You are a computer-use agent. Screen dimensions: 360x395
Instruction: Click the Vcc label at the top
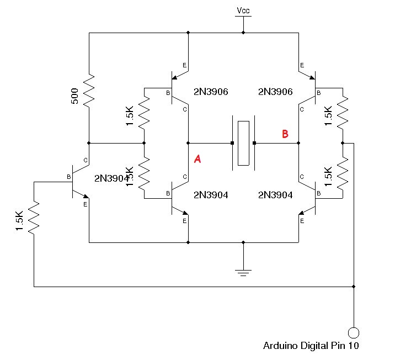point(243,10)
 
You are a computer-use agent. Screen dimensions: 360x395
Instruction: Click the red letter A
point(197,159)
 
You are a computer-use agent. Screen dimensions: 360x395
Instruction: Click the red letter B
point(285,134)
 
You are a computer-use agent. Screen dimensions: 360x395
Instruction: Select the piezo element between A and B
point(243,142)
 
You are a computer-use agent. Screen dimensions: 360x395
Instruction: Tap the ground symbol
point(243,272)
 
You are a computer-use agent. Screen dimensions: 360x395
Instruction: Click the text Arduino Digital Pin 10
point(311,346)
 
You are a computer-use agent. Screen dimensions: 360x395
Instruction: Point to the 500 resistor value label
point(75,96)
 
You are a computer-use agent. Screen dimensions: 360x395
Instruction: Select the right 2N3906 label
point(275,92)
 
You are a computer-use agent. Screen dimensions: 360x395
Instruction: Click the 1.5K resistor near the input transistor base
point(34,216)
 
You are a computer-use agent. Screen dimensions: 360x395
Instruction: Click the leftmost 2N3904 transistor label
point(111,178)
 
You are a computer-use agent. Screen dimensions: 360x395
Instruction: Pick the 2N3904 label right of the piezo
point(275,195)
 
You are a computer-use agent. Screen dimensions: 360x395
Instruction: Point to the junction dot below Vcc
point(243,33)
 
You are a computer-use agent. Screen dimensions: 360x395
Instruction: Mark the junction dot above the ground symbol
point(243,242)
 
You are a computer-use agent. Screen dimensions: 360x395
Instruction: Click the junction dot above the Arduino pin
point(354,287)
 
